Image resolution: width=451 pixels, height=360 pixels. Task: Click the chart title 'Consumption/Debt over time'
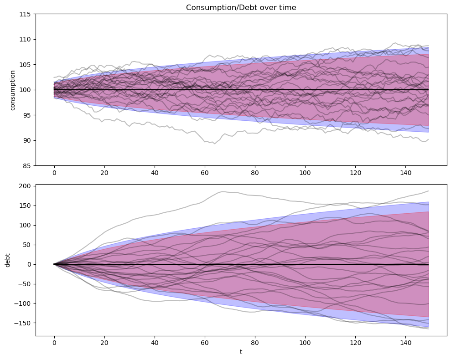tap(241, 7)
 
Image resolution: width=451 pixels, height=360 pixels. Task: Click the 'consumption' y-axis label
tap(12, 90)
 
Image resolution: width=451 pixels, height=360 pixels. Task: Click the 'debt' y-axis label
tap(7, 260)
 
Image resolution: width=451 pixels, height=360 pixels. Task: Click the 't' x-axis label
tap(241, 352)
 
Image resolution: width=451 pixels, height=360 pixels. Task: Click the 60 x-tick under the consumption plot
tap(205, 173)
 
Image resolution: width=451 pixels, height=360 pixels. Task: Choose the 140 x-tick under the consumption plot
tap(405, 173)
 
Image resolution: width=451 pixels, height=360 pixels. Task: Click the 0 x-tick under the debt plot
tap(54, 343)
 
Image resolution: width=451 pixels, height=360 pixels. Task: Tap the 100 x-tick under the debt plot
tap(305, 343)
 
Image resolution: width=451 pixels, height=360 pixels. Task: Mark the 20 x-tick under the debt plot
tap(104, 343)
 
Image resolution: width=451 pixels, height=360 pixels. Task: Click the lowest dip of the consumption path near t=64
tap(214, 144)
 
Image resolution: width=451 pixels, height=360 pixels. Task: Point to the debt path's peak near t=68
tap(223, 191)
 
